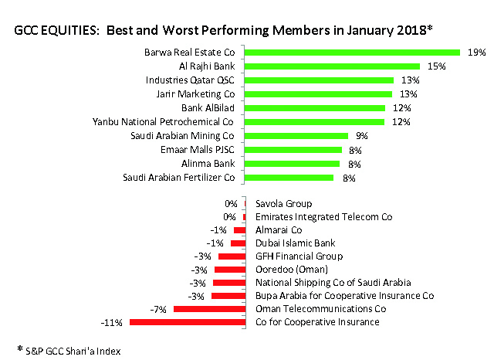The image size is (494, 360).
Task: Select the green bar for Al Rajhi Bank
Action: point(332,66)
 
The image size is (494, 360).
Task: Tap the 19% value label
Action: point(476,53)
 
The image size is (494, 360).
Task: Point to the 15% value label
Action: point(437,66)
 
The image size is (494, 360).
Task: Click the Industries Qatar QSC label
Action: point(190,80)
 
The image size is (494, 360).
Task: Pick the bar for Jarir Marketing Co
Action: point(318,93)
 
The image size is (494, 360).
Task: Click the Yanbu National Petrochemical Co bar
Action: point(314,121)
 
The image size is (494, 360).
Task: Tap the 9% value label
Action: point(361,135)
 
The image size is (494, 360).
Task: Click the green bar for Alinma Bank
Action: point(293,163)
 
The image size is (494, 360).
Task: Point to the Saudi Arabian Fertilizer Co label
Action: point(178,177)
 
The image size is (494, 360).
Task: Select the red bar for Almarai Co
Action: point(239,230)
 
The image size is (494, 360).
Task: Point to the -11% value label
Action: point(112,321)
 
